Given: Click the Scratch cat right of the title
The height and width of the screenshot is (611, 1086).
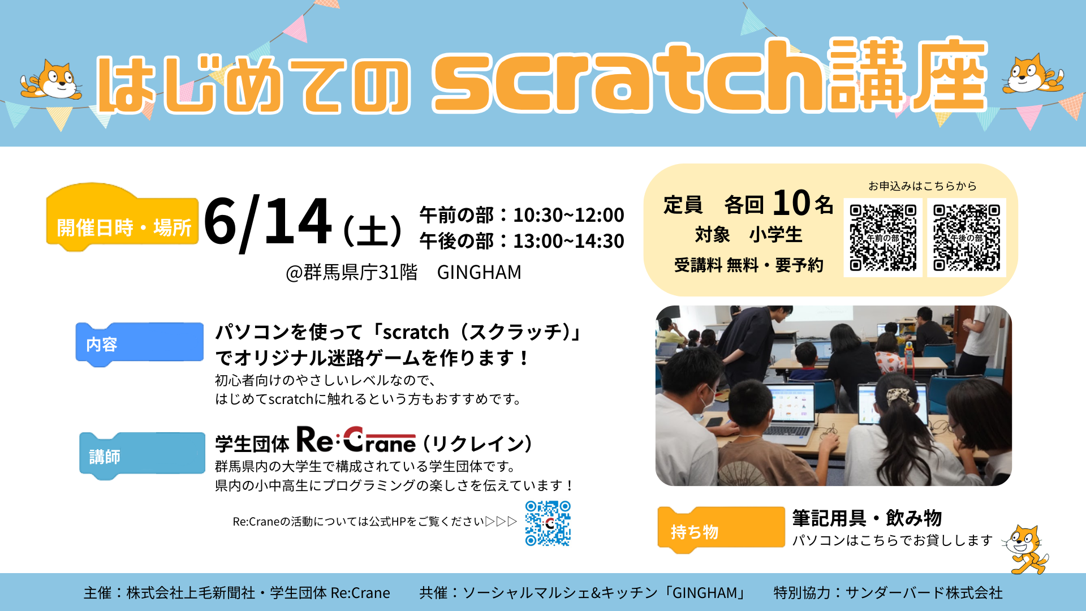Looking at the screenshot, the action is (x=1032, y=74).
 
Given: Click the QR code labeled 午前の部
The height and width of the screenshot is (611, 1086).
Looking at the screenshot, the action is (x=882, y=238).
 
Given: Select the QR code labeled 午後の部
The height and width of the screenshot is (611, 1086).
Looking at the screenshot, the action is (x=967, y=238).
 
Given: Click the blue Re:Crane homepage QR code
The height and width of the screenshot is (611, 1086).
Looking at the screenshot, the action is (x=548, y=523).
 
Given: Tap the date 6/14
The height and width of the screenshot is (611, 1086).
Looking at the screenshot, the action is (x=268, y=222).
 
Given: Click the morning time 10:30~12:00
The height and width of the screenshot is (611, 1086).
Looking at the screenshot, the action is (x=568, y=215).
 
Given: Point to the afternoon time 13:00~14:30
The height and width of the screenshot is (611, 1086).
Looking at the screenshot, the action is (x=568, y=241).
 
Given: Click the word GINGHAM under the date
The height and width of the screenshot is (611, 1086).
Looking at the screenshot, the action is (x=479, y=273).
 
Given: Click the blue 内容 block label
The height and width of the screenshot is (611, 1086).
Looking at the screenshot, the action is (x=140, y=344).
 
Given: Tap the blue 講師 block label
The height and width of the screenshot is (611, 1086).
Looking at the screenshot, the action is (x=142, y=456).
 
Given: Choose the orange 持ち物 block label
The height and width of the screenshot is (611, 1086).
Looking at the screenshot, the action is (x=721, y=530).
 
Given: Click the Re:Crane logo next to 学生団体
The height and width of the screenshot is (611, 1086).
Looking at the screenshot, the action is (x=356, y=440).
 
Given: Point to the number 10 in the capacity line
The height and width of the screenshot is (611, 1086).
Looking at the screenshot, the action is (x=791, y=203).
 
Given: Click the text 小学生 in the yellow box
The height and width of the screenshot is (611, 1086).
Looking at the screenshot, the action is (x=775, y=235).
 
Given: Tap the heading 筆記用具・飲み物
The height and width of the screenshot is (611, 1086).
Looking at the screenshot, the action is (x=867, y=518).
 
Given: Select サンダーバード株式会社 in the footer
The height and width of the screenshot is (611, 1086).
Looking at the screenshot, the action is (x=924, y=593).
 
